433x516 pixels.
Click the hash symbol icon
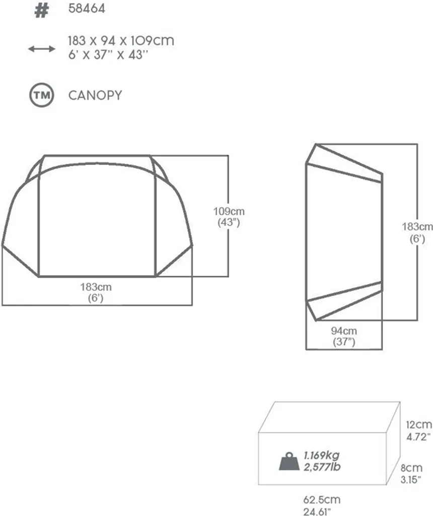(42, 10)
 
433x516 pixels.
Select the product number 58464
(87, 9)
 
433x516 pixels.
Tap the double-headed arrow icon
(42, 49)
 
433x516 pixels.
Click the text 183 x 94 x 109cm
(121, 41)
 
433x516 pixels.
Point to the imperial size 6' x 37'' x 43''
(108, 54)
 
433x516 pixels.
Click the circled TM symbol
(42, 95)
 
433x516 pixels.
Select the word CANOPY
(95, 95)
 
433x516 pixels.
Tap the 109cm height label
(229, 211)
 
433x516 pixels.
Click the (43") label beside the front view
(229, 222)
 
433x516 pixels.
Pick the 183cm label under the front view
(96, 287)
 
